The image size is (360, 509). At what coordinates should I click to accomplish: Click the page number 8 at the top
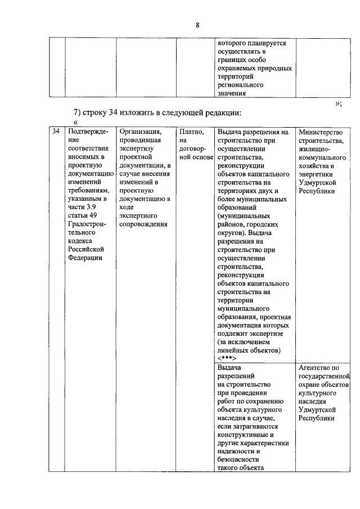197,25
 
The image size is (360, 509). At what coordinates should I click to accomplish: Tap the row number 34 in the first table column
56,132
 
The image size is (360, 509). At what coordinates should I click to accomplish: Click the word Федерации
85,258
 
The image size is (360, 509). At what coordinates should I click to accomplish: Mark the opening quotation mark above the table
75,122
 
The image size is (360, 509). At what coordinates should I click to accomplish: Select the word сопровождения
144,224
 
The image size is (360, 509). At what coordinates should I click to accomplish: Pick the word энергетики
317,174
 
